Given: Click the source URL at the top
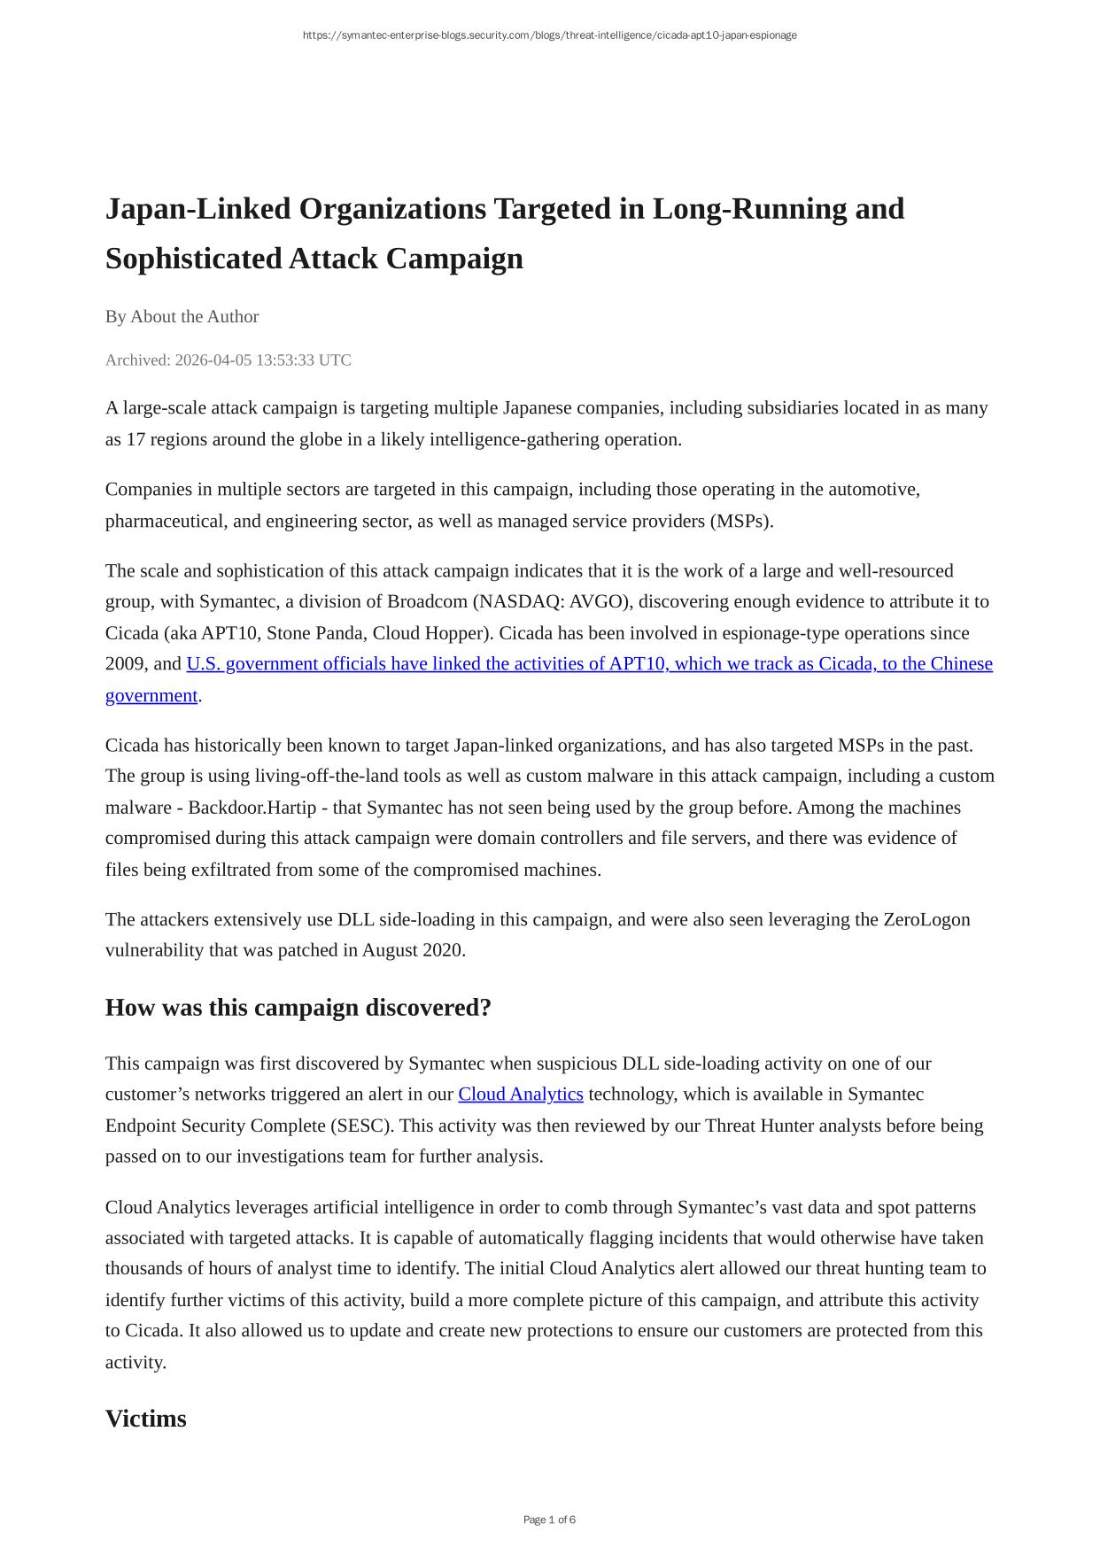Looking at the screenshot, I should (x=549, y=35).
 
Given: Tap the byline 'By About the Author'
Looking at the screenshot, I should (x=182, y=317).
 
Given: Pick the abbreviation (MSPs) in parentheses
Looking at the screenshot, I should (x=741, y=522).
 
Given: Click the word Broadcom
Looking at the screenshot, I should (x=427, y=602).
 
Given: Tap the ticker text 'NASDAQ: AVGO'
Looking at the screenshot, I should (x=548, y=602).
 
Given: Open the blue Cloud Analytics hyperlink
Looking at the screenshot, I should (x=520, y=1095).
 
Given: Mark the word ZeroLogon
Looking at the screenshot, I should (x=926, y=920).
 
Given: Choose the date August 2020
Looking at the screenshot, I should (x=413, y=951).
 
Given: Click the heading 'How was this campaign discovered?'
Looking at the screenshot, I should (x=298, y=1008).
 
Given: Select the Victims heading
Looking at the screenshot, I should (x=145, y=1419).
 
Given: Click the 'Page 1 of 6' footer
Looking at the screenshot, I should (x=549, y=1520).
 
